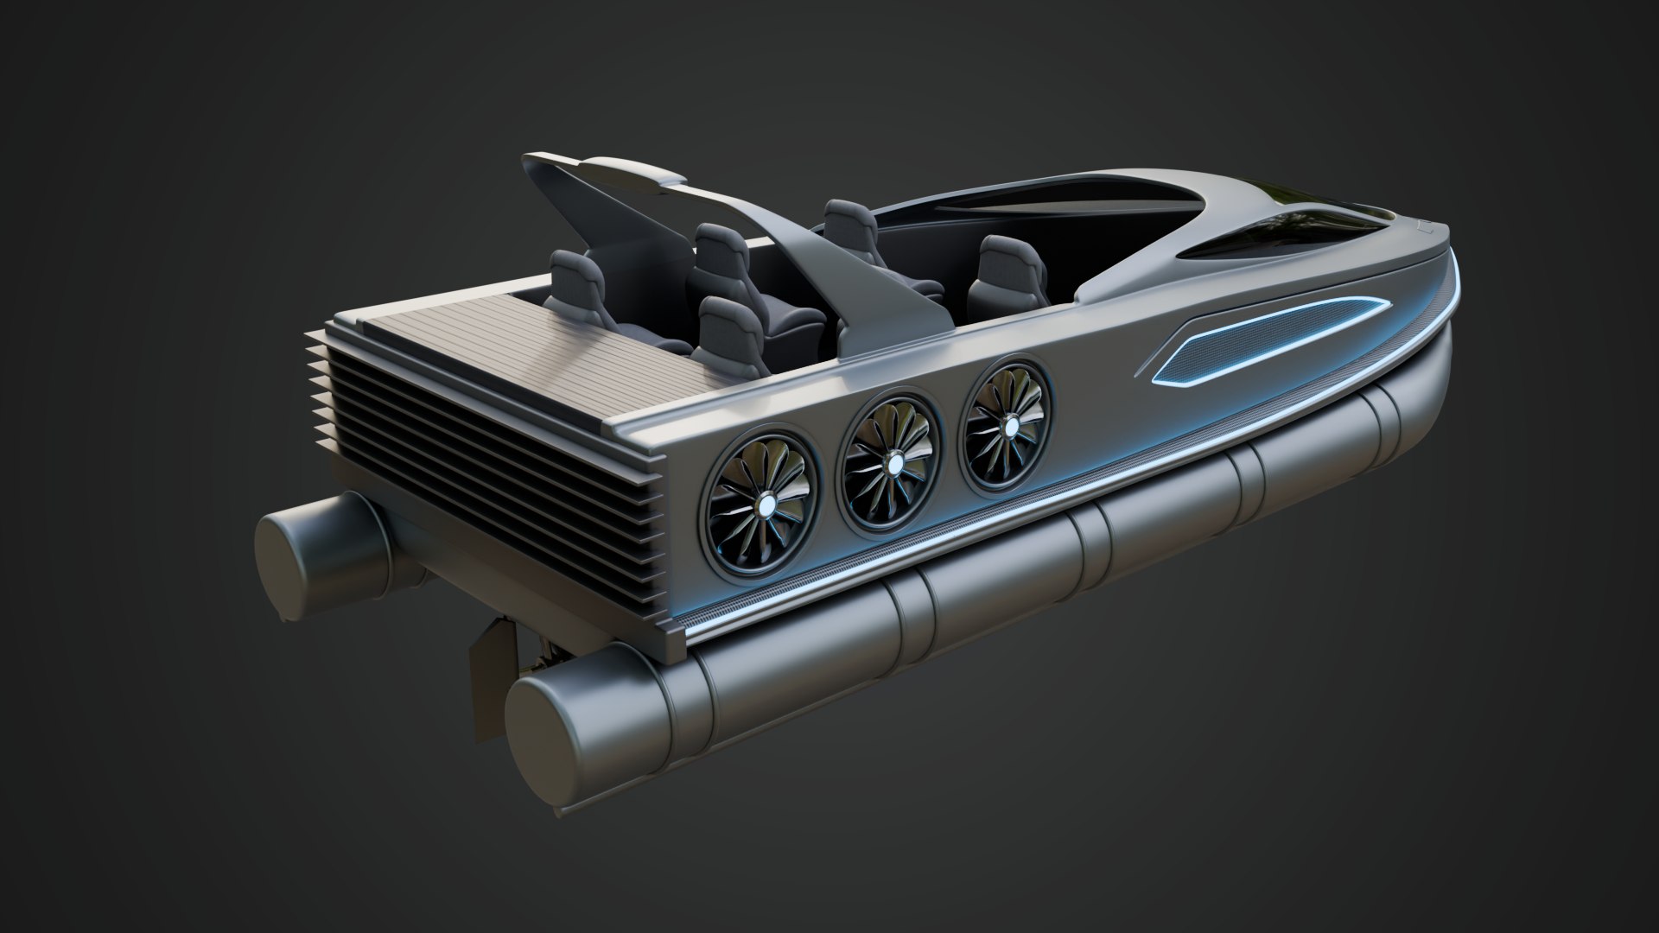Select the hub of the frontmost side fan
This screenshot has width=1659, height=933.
click(x=1009, y=425)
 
